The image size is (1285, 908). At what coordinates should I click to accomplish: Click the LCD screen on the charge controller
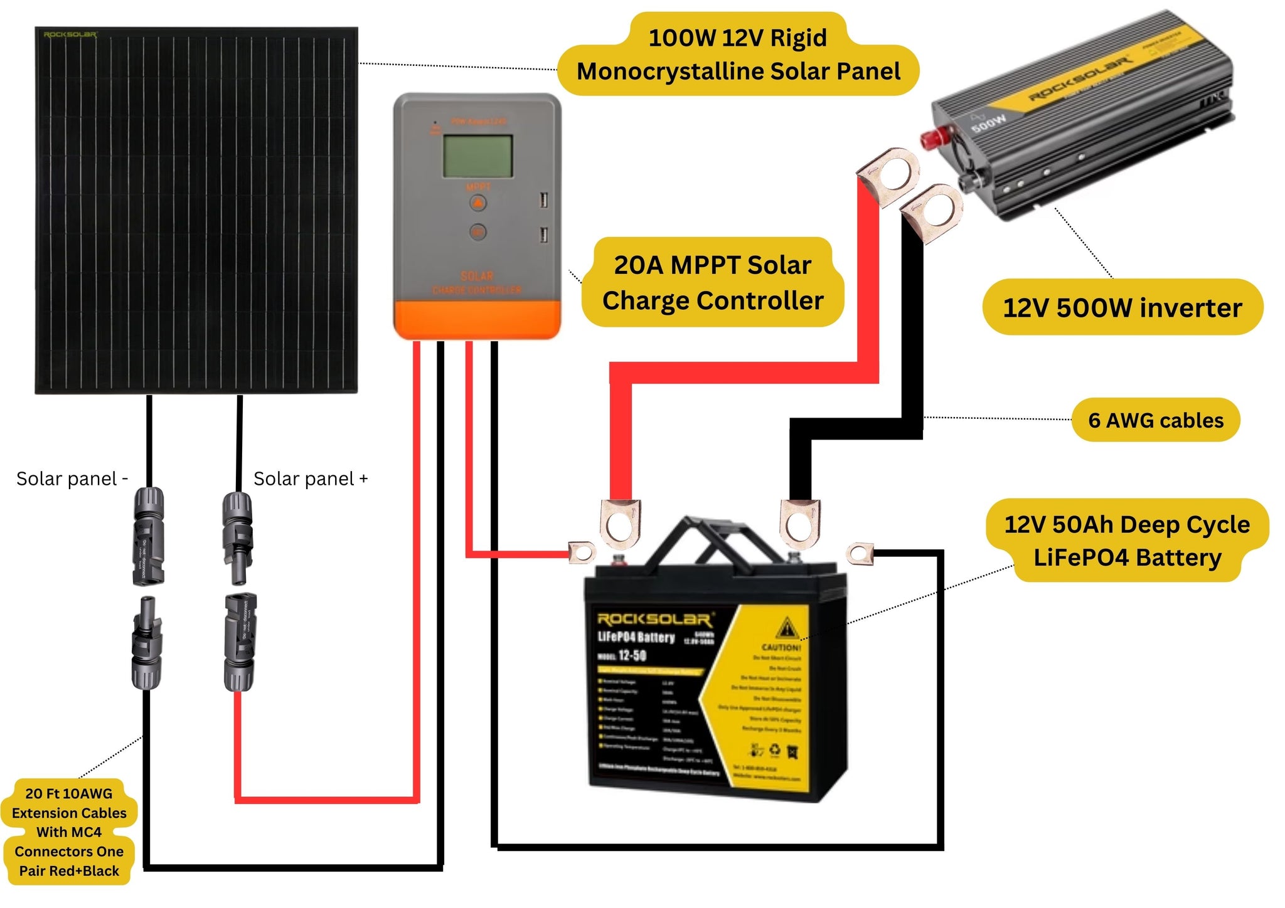coord(477,156)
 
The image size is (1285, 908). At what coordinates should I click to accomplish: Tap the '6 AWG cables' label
coord(1155,420)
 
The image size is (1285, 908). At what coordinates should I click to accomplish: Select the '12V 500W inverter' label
coord(1122,308)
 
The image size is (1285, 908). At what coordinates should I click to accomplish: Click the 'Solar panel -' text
coord(72,479)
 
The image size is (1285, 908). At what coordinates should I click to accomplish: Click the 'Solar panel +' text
coord(310,479)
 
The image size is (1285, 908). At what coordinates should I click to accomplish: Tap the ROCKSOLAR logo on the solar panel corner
coord(70,34)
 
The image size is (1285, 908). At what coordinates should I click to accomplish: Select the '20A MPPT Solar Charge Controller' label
coord(712,283)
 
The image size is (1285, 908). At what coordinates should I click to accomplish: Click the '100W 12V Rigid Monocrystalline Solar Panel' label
coord(738,55)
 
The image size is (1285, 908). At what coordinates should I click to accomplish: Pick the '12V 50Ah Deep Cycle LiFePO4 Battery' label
coord(1127,541)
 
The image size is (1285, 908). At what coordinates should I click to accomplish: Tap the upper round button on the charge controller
coord(477,203)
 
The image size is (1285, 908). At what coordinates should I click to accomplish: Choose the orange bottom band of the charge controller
coord(477,319)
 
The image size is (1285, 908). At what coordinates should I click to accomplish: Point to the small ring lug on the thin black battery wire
coord(860,554)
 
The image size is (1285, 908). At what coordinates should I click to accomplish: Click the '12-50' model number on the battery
coord(631,656)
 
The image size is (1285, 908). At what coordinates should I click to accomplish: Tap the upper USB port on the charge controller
coord(543,201)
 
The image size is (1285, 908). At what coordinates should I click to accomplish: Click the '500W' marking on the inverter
coord(989,124)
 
